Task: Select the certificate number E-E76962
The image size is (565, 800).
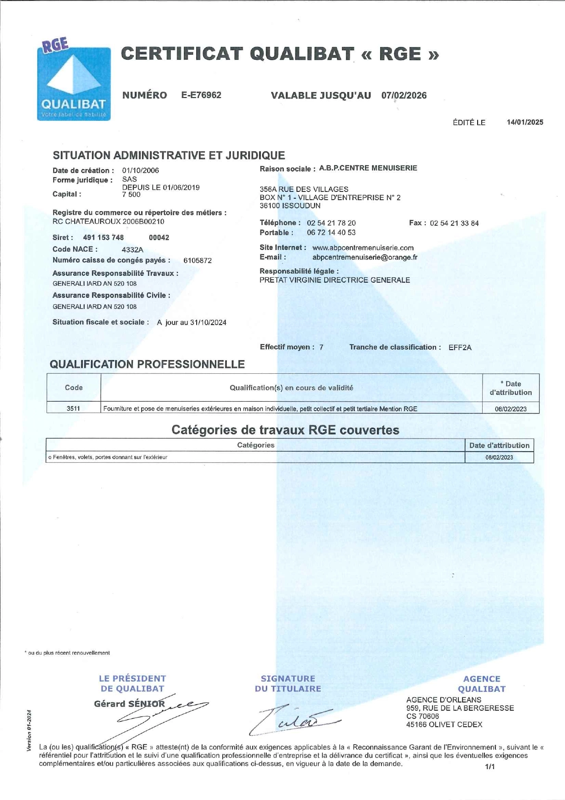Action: (x=201, y=95)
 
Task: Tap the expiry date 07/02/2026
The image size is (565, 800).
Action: (x=404, y=96)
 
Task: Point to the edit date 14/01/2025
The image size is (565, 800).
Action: (x=525, y=122)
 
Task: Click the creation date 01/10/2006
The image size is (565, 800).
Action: (x=140, y=170)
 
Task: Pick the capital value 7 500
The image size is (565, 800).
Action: (x=131, y=195)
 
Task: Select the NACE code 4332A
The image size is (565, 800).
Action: (x=132, y=250)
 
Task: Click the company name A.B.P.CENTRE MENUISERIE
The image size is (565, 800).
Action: (x=368, y=168)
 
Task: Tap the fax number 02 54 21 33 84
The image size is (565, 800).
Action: (x=454, y=223)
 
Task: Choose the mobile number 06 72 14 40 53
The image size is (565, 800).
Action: (x=331, y=233)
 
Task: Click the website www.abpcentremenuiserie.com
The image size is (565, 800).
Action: (x=363, y=248)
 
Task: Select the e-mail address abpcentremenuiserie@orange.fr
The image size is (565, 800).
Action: (x=365, y=258)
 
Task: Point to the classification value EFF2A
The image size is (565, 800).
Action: (x=460, y=348)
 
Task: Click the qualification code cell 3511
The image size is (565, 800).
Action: (x=73, y=409)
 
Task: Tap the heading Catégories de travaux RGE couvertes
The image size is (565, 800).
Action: (x=285, y=430)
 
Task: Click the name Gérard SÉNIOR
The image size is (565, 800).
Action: (x=129, y=704)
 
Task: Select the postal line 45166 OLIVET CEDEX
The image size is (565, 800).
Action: (x=444, y=724)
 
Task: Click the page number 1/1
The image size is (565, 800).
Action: (x=490, y=767)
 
